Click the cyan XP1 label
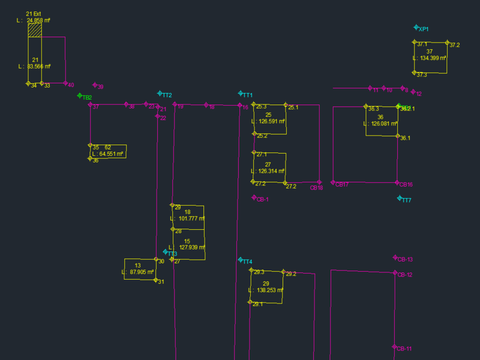click(x=424, y=29)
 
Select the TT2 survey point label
click(x=167, y=95)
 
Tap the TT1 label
click(x=247, y=95)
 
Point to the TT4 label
click(x=247, y=262)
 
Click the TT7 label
click(x=406, y=200)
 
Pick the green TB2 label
click(x=87, y=98)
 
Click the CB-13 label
click(x=405, y=259)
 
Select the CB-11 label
click(x=404, y=349)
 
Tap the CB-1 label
click(x=262, y=199)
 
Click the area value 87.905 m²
click(x=143, y=272)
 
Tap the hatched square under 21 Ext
click(x=35, y=31)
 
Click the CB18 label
click(x=316, y=188)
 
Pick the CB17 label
click(x=342, y=185)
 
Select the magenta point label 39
click(x=100, y=87)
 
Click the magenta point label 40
click(x=71, y=85)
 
